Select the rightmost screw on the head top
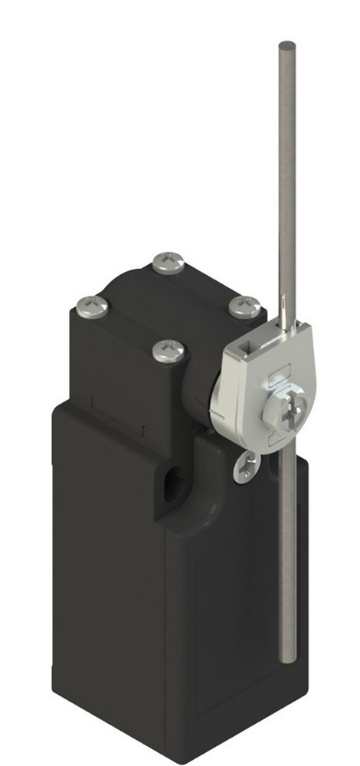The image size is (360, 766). tap(244, 306)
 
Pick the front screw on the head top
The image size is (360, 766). tap(168, 351)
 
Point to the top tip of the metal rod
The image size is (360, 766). tap(287, 44)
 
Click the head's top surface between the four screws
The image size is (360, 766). tap(169, 306)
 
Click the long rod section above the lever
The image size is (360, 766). tap(286, 169)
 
